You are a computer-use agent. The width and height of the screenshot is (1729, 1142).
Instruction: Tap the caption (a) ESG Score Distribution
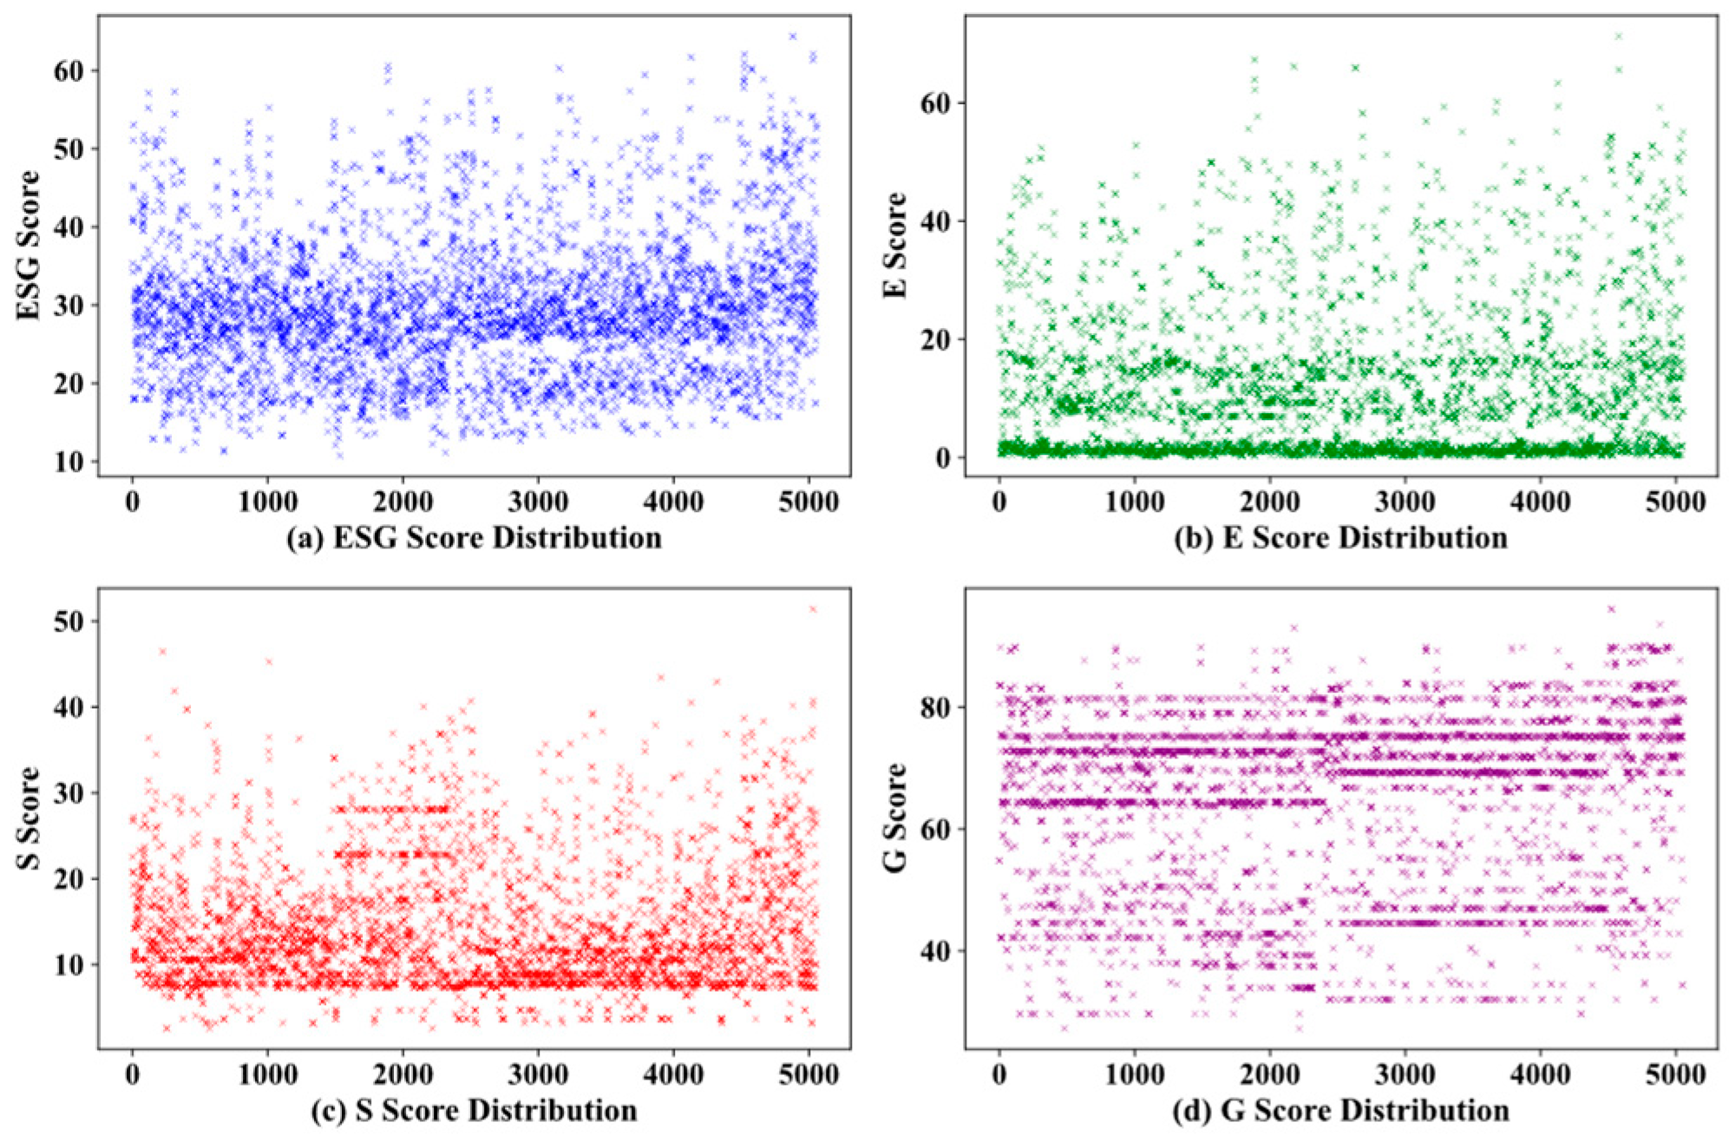(x=474, y=538)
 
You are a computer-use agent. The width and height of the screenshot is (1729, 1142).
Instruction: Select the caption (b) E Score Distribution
(x=1341, y=538)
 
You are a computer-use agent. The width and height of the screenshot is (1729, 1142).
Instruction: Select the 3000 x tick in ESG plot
(x=538, y=502)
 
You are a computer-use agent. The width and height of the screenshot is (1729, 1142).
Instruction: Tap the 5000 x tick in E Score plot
(x=1675, y=502)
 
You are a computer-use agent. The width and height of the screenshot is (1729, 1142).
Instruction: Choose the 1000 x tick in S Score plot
(x=267, y=1074)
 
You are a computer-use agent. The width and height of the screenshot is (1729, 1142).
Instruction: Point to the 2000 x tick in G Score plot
(x=1270, y=1074)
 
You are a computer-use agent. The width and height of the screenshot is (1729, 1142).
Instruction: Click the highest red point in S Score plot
(x=813, y=609)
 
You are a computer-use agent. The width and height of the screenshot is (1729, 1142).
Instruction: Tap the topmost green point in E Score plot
(x=1618, y=36)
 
